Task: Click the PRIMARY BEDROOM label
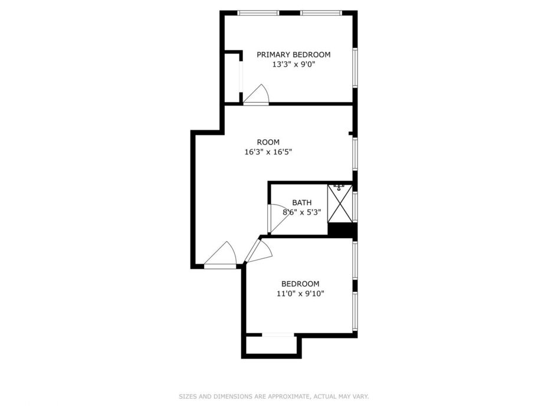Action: (294, 54)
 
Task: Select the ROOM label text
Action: (268, 142)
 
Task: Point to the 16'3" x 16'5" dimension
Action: (268, 152)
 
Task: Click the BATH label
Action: (302, 203)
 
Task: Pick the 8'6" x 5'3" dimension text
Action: (301, 212)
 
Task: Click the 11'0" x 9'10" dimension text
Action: (300, 294)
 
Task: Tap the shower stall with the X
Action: (340, 204)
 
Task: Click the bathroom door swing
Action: (278, 218)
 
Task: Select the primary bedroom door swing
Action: (256, 94)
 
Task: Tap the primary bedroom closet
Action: (232, 78)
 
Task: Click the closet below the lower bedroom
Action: (271, 346)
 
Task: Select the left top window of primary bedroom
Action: (258, 14)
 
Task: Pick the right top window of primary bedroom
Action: (321, 14)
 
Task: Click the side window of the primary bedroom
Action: (355, 67)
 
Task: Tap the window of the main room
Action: (355, 154)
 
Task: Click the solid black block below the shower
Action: (343, 229)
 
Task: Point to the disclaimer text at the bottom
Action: (274, 396)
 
